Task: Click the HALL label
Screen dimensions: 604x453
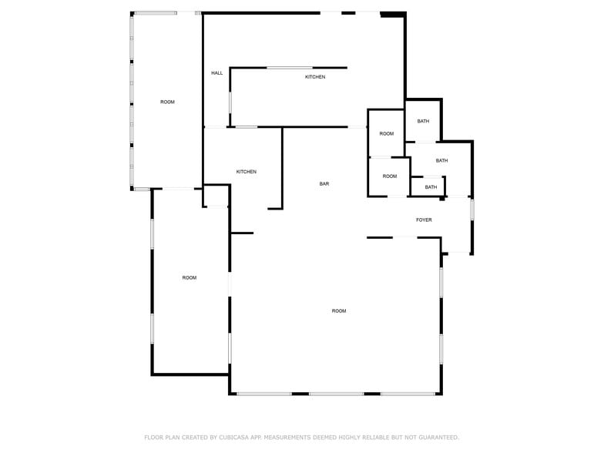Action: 217,72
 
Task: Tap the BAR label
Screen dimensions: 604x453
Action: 324,183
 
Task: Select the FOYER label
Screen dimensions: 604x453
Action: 424,220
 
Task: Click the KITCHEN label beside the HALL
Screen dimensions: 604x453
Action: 315,77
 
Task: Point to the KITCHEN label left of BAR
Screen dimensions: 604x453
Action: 247,172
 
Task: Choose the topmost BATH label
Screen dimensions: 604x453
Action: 423,122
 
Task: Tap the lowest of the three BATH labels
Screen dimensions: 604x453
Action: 431,187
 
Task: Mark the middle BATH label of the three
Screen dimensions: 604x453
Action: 441,160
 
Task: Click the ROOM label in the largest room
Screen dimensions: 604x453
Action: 339,311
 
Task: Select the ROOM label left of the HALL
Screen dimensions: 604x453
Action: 167,102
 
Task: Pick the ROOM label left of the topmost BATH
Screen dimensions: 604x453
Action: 387,134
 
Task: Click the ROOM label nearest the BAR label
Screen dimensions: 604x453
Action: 390,176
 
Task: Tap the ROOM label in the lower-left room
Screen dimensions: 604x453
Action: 190,277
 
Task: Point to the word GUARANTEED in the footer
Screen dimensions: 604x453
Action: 439,438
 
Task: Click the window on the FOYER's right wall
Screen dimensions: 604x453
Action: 471,210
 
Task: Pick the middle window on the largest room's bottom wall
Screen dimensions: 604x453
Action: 336,394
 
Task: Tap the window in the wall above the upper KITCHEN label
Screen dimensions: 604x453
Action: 290,68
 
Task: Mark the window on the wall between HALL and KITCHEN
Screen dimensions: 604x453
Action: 230,102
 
